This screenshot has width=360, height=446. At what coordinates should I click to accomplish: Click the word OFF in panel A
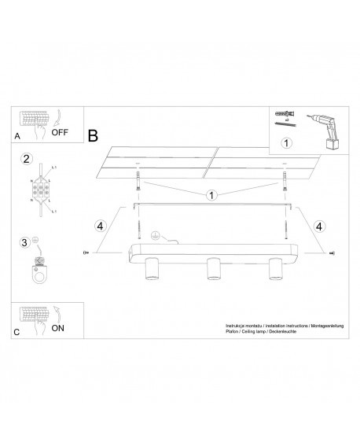[61, 132]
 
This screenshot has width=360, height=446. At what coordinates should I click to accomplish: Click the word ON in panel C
[58, 329]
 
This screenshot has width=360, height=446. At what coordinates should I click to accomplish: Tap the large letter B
[94, 136]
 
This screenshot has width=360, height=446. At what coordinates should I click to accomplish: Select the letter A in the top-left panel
[17, 137]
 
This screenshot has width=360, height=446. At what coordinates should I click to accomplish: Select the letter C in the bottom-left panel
[17, 334]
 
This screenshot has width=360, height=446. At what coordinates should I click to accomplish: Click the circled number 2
[26, 159]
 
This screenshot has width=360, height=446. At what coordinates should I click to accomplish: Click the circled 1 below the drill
[286, 143]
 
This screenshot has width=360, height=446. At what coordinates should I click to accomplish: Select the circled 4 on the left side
[99, 226]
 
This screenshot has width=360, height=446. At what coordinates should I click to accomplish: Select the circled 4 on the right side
[318, 226]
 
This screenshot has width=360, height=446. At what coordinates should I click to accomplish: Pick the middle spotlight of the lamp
[211, 270]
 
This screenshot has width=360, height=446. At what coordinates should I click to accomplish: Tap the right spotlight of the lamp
[274, 270]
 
